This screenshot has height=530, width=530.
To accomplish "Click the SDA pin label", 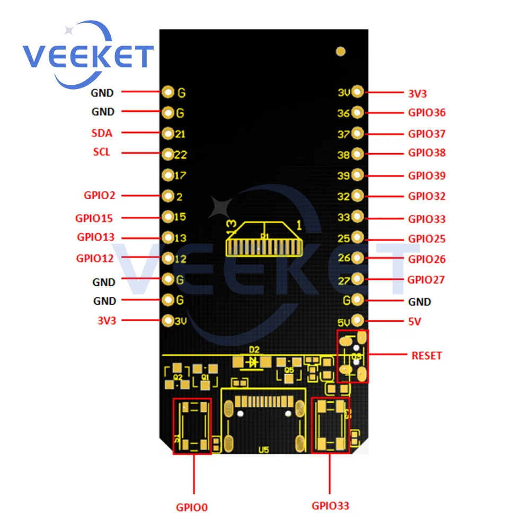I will tap(102, 133).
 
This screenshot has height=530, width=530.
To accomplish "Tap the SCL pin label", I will tap(102, 152).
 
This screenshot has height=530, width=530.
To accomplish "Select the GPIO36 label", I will tap(427, 112).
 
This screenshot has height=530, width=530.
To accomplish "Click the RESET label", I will tap(426, 355).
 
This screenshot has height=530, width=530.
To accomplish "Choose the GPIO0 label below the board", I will tap(192, 507).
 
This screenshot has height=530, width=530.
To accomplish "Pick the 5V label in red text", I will tap(414, 322).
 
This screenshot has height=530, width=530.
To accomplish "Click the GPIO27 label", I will tap(426, 279).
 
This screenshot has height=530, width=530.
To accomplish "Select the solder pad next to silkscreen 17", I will tap(168, 174).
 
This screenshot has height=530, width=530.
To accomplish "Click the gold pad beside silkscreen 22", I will tap(168, 154).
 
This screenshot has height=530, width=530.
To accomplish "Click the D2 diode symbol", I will tap(253, 362).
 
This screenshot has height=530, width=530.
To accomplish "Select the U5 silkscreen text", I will tap(263, 450).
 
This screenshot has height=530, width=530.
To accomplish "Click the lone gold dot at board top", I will tap(341, 51).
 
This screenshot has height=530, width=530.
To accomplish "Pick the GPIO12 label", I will tap(95, 259).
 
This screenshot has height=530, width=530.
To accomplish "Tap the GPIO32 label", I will tap(427, 196).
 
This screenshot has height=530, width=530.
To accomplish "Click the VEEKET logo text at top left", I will tap(87, 56).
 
